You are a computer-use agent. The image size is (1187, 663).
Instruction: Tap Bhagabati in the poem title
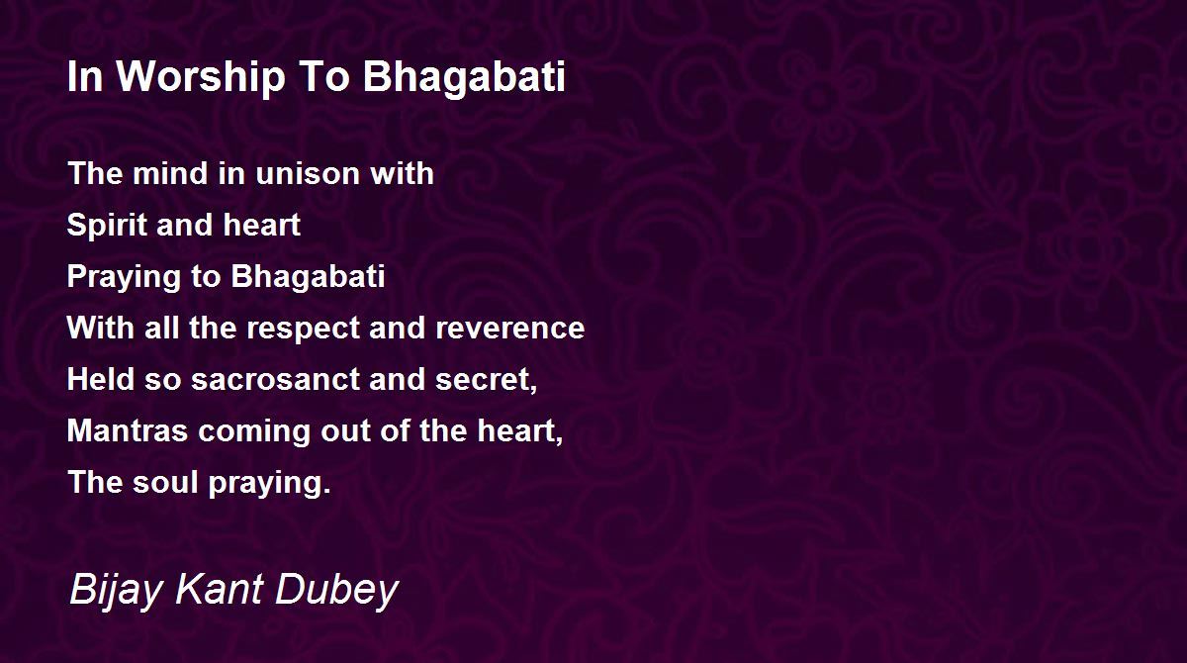464,77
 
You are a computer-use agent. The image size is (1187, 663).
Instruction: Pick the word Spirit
106,226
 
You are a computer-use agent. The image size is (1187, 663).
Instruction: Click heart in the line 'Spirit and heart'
262,225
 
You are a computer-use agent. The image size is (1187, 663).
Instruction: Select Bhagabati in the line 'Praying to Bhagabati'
308,277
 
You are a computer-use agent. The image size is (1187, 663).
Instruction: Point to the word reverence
509,329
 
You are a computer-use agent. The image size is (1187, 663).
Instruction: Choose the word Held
101,379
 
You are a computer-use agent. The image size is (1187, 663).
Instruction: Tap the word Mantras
128,430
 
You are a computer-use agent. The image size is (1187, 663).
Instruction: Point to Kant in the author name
219,588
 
